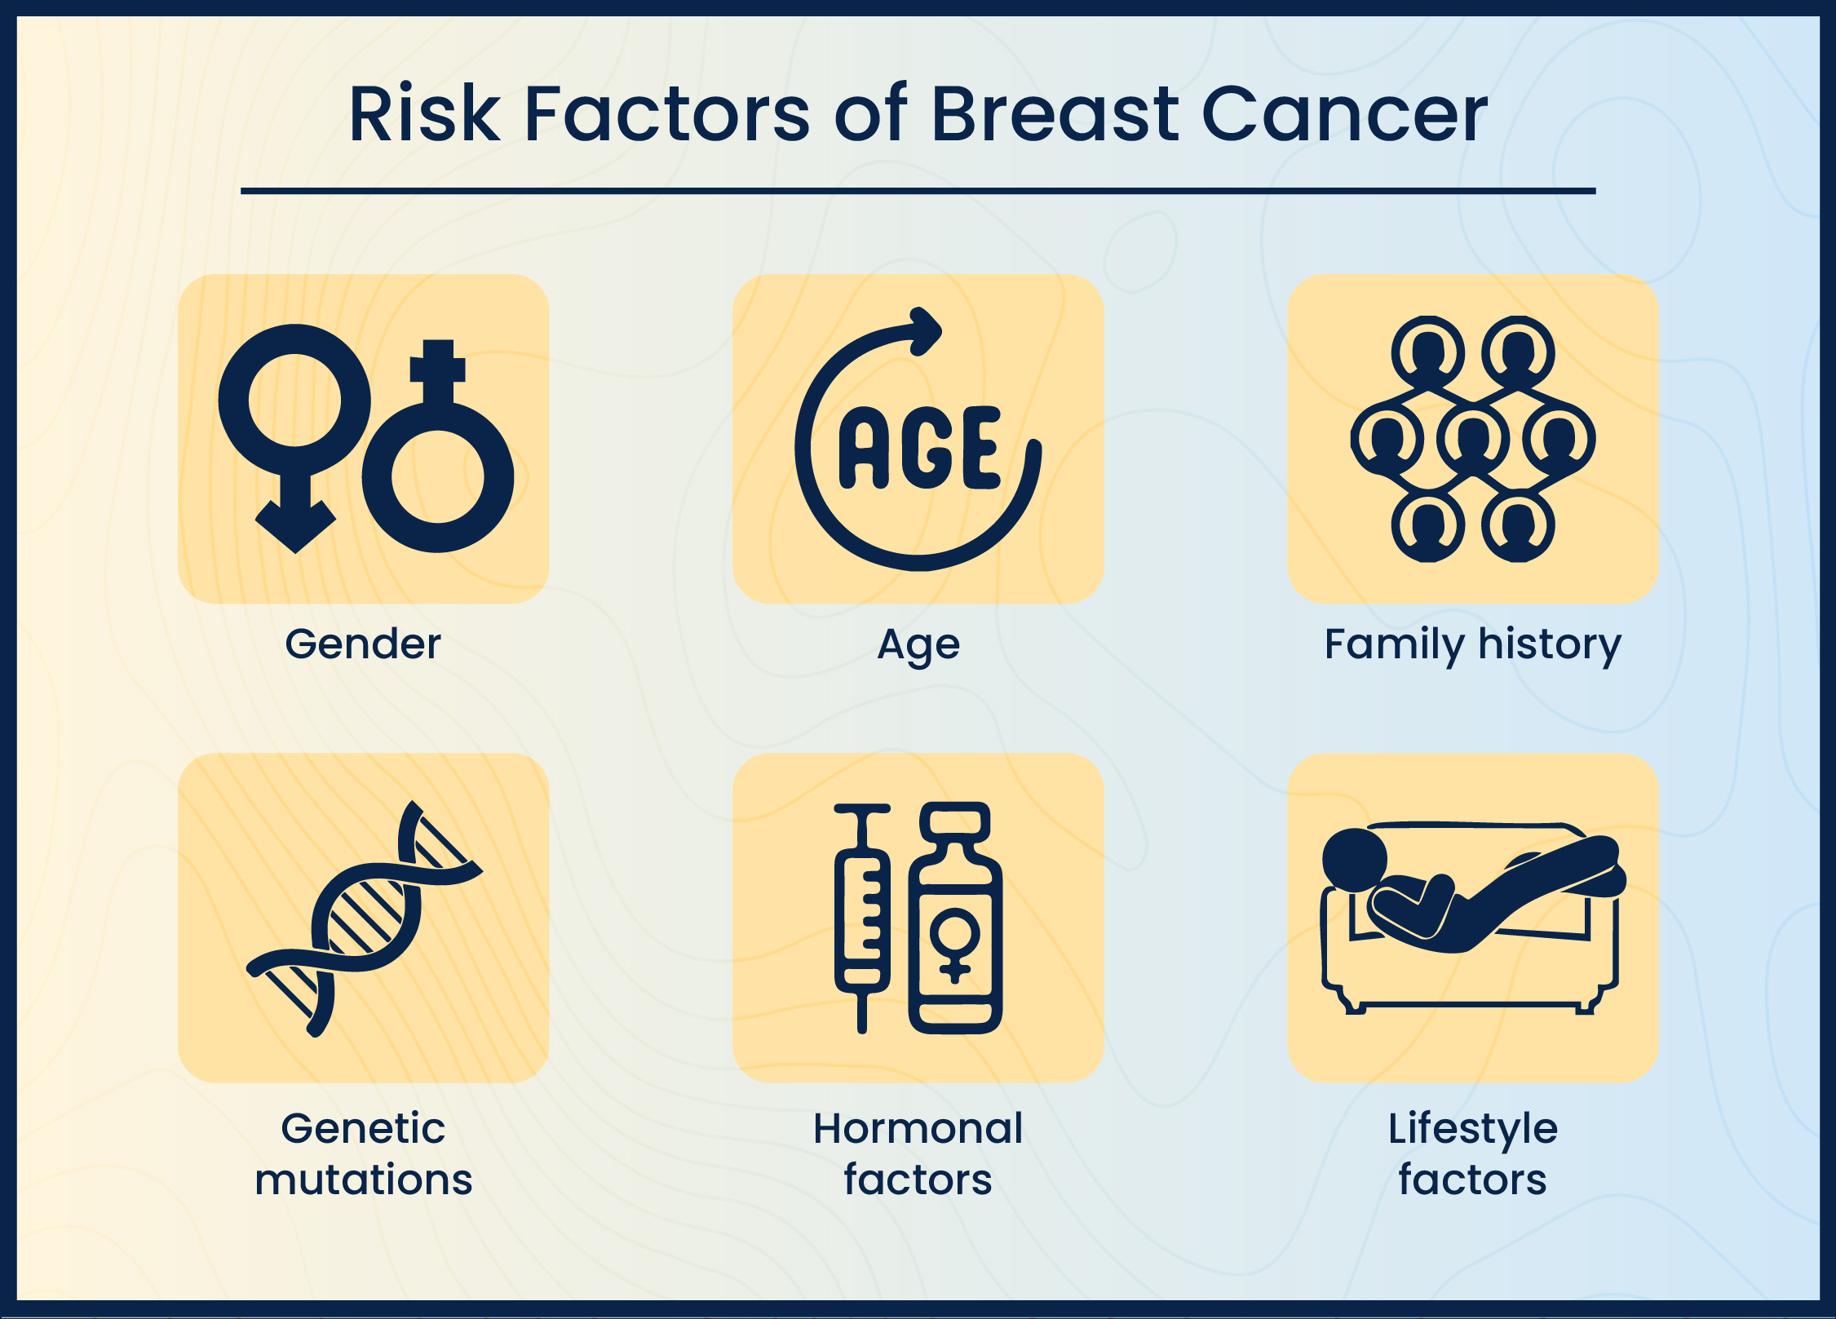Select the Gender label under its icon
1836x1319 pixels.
pos(363,644)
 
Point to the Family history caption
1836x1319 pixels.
pos(1472,644)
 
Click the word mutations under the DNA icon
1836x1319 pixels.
pos(363,1180)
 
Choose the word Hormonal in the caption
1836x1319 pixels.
pos(918,1129)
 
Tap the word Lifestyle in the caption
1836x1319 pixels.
pos(1472,1129)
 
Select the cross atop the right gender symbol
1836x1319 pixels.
pos(438,364)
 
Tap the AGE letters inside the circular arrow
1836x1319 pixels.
pos(918,448)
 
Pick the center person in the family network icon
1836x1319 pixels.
pos(1473,439)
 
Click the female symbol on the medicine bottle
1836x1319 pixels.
pos(955,945)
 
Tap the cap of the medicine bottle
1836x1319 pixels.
pos(955,821)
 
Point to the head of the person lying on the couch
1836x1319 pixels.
pos(1354,860)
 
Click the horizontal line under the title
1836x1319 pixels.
pos(918,191)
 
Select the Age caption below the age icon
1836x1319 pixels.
pos(918,645)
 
